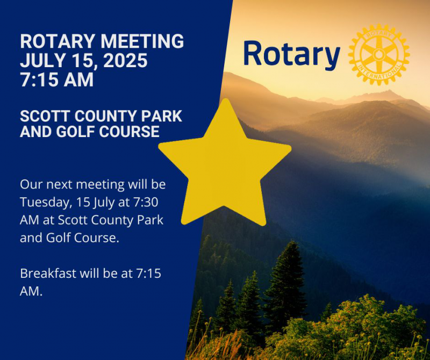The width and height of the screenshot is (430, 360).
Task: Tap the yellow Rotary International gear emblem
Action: point(379,54)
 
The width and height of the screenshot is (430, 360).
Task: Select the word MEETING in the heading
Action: point(142,41)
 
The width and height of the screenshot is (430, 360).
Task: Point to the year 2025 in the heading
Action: point(125,60)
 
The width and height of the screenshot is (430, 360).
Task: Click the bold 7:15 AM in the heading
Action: point(57,80)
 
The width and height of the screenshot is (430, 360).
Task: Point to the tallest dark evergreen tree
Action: point(285,285)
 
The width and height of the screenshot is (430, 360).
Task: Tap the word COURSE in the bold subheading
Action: point(129,131)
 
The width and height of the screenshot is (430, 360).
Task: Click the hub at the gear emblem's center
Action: point(379,54)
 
